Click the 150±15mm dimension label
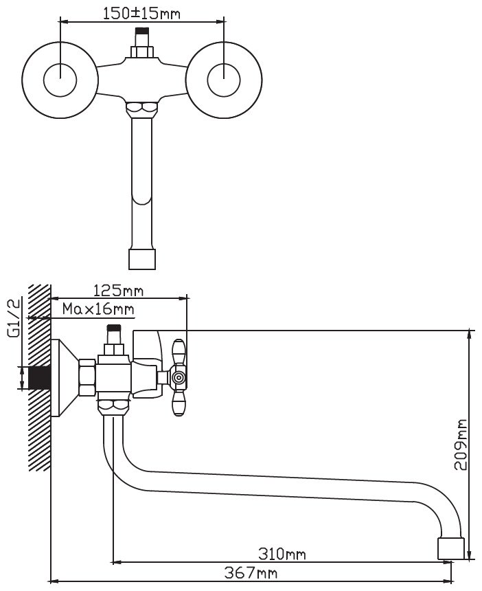141,14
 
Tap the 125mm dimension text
118,291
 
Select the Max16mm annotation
98,309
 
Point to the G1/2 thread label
13,318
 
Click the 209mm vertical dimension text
460,445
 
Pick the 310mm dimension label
282,554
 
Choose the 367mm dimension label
251,573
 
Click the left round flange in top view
60,80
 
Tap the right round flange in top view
224,80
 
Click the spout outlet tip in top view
142,259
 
